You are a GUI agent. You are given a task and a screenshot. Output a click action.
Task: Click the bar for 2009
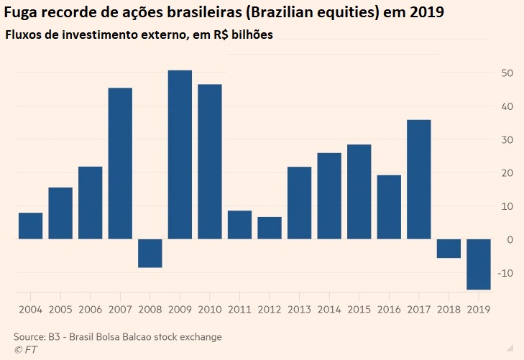[180, 154]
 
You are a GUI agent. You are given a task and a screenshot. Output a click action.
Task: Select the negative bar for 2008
[150, 253]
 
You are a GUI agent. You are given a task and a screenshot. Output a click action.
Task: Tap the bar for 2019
[479, 264]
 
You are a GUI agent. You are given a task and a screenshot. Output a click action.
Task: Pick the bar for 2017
[419, 179]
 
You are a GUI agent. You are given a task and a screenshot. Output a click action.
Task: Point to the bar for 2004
[30, 226]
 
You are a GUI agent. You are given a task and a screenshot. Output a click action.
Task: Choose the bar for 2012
[270, 228]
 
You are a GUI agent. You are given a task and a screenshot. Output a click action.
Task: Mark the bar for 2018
[449, 248]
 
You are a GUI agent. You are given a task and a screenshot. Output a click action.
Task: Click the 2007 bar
[120, 163]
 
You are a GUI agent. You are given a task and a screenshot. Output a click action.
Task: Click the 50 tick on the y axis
[507, 73]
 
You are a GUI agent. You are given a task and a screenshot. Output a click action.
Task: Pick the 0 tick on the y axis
[510, 239]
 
